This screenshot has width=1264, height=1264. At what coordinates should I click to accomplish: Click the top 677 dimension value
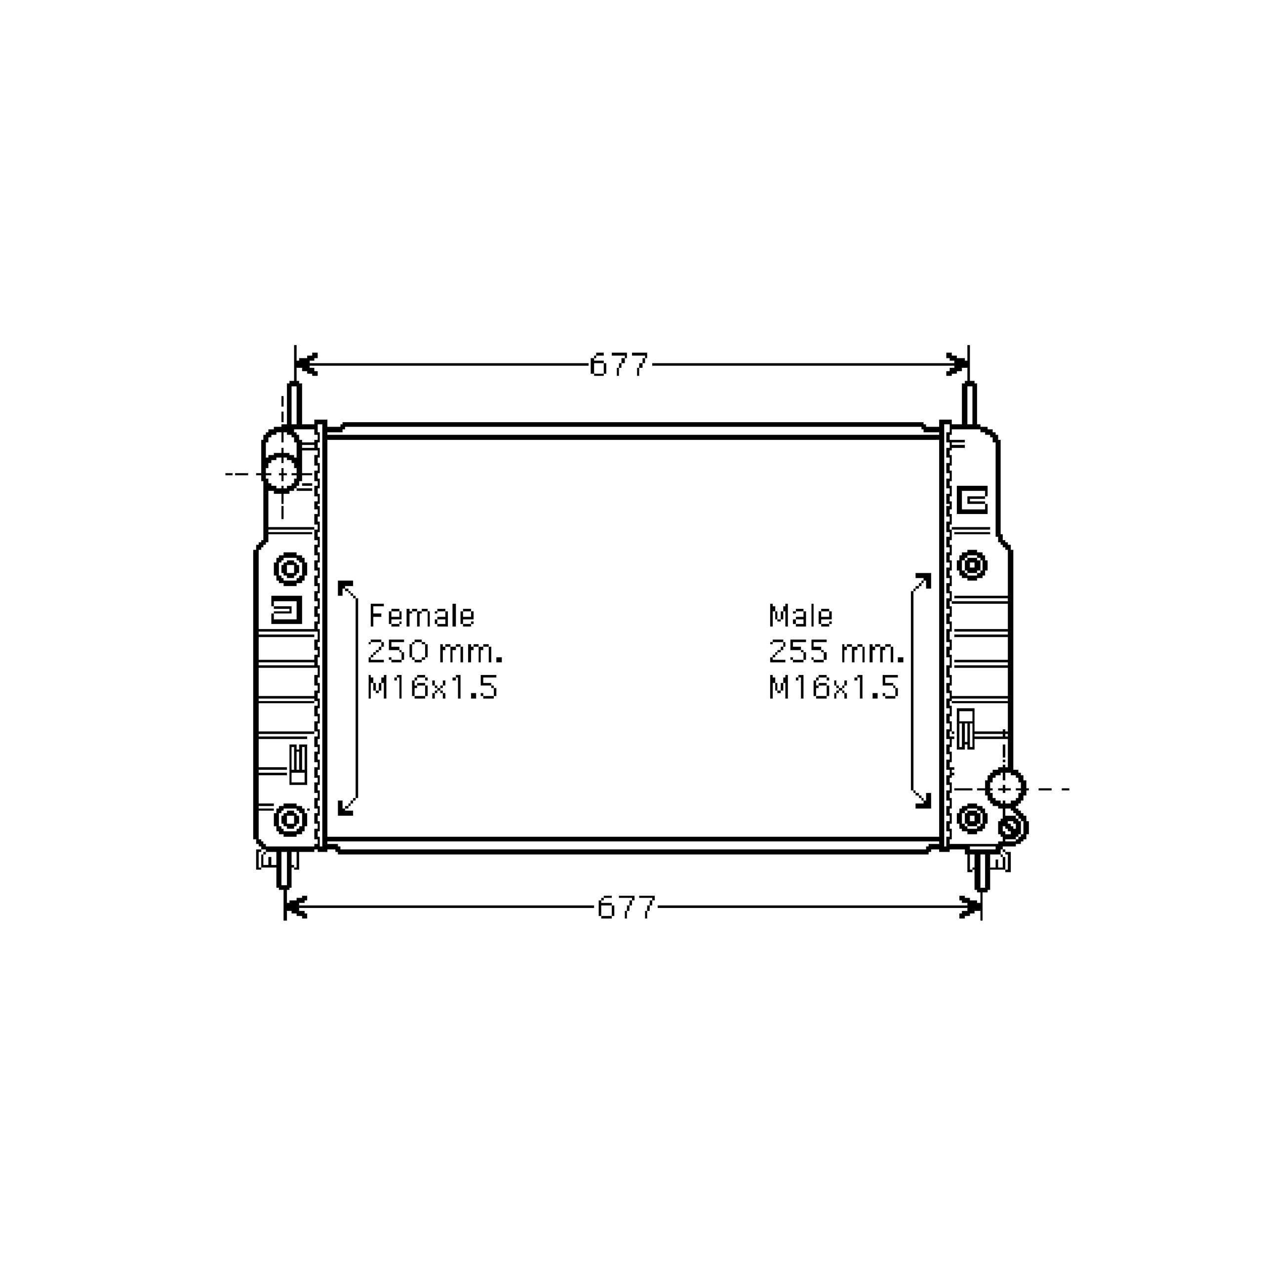618,365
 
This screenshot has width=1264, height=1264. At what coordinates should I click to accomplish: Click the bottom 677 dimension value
626,908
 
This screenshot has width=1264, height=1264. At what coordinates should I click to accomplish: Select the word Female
421,616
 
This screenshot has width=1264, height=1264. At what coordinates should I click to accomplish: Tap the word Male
800,616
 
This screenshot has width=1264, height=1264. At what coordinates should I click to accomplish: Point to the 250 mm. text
435,652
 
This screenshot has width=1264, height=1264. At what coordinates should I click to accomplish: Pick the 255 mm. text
836,652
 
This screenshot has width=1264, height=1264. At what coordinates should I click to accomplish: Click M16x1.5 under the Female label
433,688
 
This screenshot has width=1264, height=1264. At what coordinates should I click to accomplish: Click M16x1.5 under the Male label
833,688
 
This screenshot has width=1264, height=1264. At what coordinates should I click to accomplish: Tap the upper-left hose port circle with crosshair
282,473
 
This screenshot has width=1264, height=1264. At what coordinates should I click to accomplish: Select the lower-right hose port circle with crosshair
1005,789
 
